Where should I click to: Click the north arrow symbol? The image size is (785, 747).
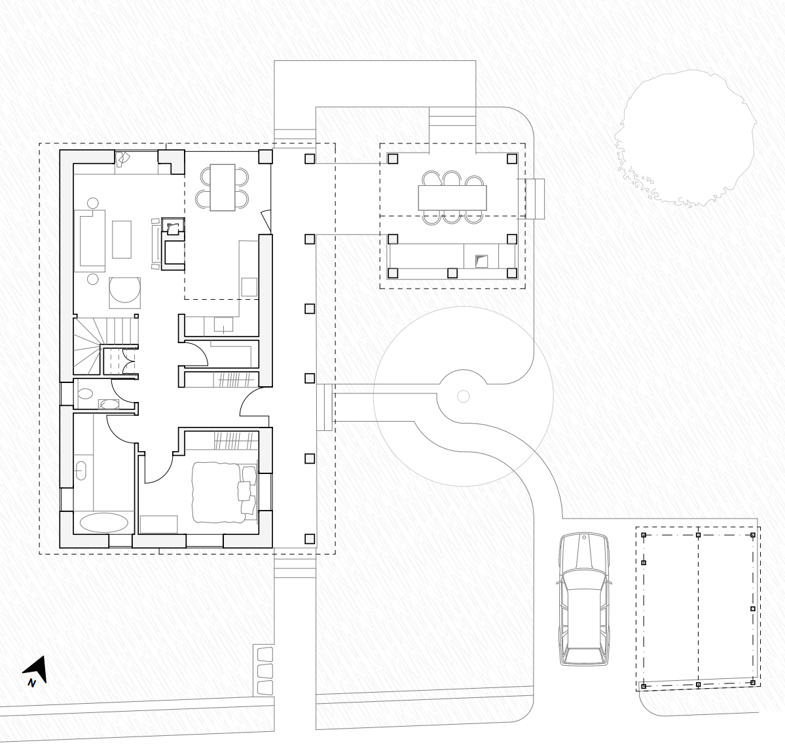(x=36, y=669)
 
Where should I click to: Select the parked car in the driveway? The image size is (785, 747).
(x=584, y=599)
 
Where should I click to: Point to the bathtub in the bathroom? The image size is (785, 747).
(x=103, y=523)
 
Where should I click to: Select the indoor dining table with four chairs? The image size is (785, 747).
(x=223, y=187)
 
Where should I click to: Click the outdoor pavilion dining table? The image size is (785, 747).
(x=452, y=198)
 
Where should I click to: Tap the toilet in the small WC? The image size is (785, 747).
(x=86, y=393)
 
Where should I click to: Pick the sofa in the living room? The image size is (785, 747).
(x=90, y=240)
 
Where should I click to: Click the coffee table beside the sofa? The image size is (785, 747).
(x=122, y=240)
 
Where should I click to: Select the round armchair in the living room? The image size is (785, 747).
(x=124, y=293)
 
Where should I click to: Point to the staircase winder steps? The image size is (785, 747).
(x=88, y=346)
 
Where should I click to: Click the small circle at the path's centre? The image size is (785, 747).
(x=464, y=397)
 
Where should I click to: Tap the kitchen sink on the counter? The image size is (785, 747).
(x=223, y=325)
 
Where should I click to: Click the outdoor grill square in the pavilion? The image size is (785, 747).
(x=481, y=261)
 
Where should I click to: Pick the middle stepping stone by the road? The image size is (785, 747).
(x=265, y=670)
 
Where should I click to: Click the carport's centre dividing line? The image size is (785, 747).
(x=699, y=608)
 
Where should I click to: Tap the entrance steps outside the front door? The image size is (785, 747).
(x=325, y=407)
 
